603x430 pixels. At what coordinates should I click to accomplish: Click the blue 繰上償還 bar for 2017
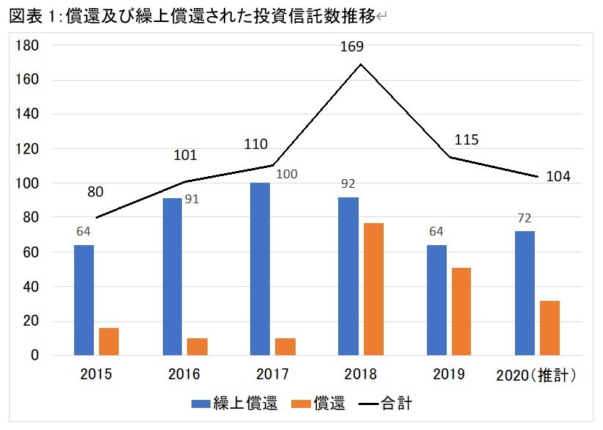260,269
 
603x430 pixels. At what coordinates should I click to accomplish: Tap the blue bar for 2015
84,300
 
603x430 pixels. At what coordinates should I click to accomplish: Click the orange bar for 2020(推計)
549,328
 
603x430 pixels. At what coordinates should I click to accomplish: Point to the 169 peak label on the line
351,48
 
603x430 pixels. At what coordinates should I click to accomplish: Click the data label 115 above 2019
467,139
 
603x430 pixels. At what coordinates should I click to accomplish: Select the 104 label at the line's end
558,176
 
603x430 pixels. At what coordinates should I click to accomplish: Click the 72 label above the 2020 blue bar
524,219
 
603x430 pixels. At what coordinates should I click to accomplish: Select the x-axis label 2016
183,375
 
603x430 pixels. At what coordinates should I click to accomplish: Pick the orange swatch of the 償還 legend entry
299,404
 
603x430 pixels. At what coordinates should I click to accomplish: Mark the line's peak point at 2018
361,65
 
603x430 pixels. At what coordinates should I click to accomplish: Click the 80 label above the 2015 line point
95,192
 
